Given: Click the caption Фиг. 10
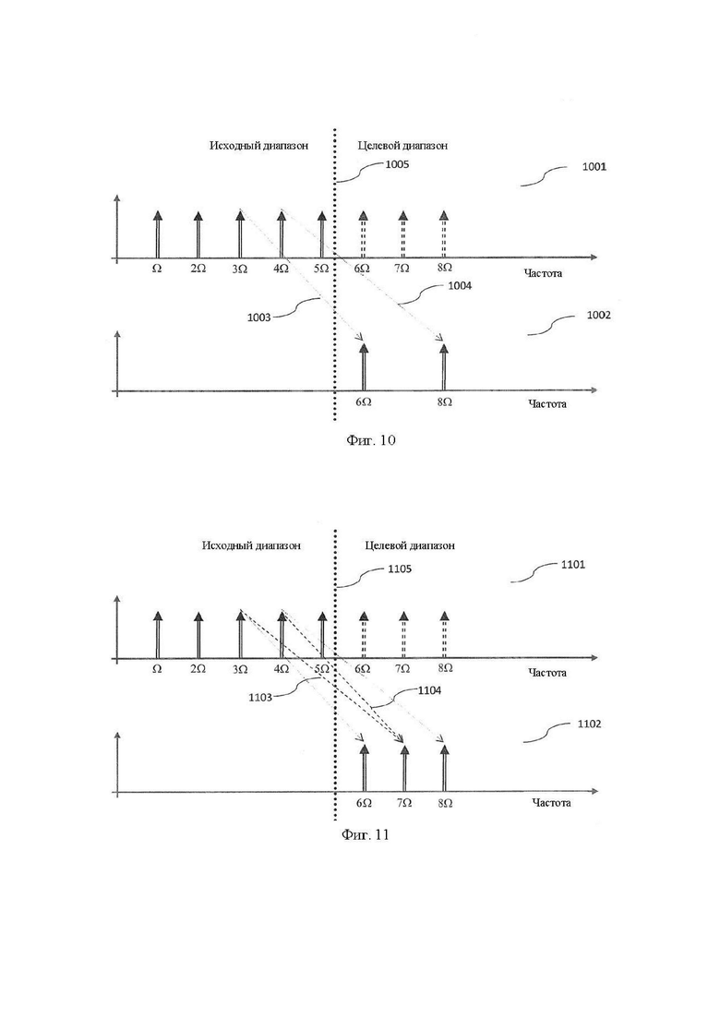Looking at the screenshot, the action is pos(370,440).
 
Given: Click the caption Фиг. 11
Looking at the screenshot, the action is pos(365,834).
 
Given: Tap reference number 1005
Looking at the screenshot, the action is pos(397,164).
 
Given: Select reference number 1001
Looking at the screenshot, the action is pos(594,167).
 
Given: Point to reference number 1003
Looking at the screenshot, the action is pos(259,317).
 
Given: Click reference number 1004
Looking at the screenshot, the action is pos(460,286).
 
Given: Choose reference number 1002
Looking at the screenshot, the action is pos(598,315).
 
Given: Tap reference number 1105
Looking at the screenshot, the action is pos(400,569).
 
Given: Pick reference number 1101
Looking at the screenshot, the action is pos(572,564).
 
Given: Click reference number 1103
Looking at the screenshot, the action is pos(260,697).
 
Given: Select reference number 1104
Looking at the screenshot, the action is pos(429,690).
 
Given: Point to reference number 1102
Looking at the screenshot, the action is pos(589,724).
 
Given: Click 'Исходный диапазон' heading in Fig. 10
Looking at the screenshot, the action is pos(258,146).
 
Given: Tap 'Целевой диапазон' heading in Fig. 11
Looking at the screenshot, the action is pos(410,545).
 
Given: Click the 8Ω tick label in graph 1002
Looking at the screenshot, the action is pos(444,402).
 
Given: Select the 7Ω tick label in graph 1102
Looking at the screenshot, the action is pos(403,803).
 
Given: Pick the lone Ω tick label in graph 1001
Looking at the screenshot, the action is pos(157,269).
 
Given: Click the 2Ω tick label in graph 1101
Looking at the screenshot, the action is pos(198,669).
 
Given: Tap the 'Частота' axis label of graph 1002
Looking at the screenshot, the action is pos(546,404).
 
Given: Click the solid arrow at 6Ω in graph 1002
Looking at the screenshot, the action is pos(364,367).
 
